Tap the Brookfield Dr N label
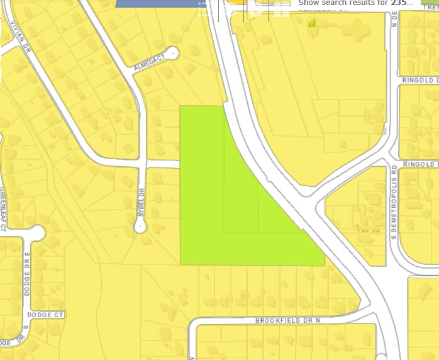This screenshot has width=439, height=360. (287, 321)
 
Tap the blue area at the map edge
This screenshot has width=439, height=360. (157, 3)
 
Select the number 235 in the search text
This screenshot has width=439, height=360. (398, 3)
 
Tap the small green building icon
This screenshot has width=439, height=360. (311, 24)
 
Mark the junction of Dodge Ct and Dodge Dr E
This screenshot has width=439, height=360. (27, 314)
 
